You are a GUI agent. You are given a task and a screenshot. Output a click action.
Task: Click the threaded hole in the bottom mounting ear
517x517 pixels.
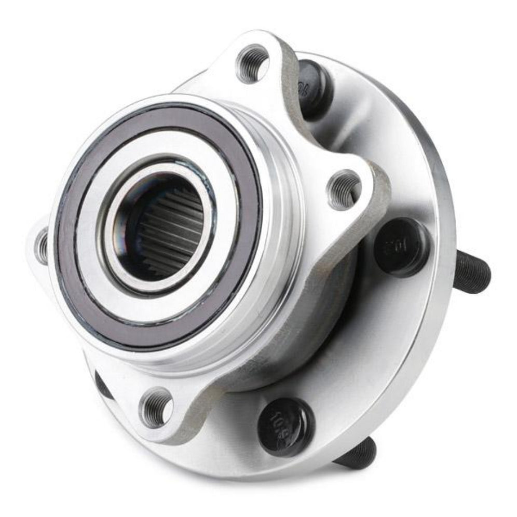pos(157,406)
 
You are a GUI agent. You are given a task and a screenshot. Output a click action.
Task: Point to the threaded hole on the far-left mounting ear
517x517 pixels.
pos(42,245)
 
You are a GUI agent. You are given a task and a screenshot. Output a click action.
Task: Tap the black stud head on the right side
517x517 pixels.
pos(401,247)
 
